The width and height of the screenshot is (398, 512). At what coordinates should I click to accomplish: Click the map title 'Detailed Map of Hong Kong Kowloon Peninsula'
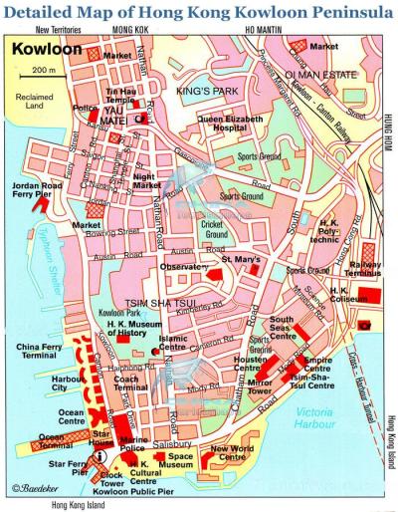[x=199, y=12]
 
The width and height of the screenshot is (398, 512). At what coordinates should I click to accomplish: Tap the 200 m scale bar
[x=41, y=75]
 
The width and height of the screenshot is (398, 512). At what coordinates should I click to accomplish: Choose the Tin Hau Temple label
[x=121, y=97]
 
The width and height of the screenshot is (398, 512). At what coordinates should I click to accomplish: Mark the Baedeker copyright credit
[x=36, y=488]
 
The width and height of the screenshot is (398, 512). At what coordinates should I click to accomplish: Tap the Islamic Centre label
[x=172, y=344]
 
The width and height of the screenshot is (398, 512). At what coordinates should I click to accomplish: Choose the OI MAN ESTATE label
[x=320, y=73]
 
